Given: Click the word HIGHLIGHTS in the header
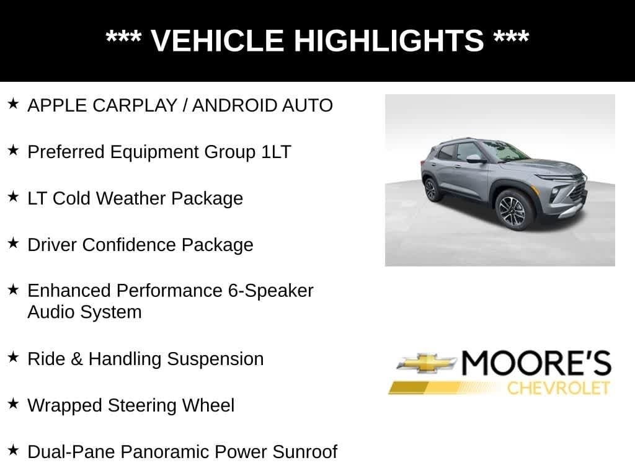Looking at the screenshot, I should [388, 41].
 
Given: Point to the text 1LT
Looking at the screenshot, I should [275, 152].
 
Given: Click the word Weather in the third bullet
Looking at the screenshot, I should [130, 198].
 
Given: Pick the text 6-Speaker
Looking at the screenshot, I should [270, 291].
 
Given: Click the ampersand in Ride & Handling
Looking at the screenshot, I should [76, 359].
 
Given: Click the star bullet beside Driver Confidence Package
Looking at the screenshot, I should [13, 243].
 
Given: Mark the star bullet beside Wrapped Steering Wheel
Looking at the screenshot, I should [13, 403].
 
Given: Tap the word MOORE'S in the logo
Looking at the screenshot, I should [536, 364].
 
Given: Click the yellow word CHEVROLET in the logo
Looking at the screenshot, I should [558, 389].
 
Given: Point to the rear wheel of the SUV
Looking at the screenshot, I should [431, 189].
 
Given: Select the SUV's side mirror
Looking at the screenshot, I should [474, 159].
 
